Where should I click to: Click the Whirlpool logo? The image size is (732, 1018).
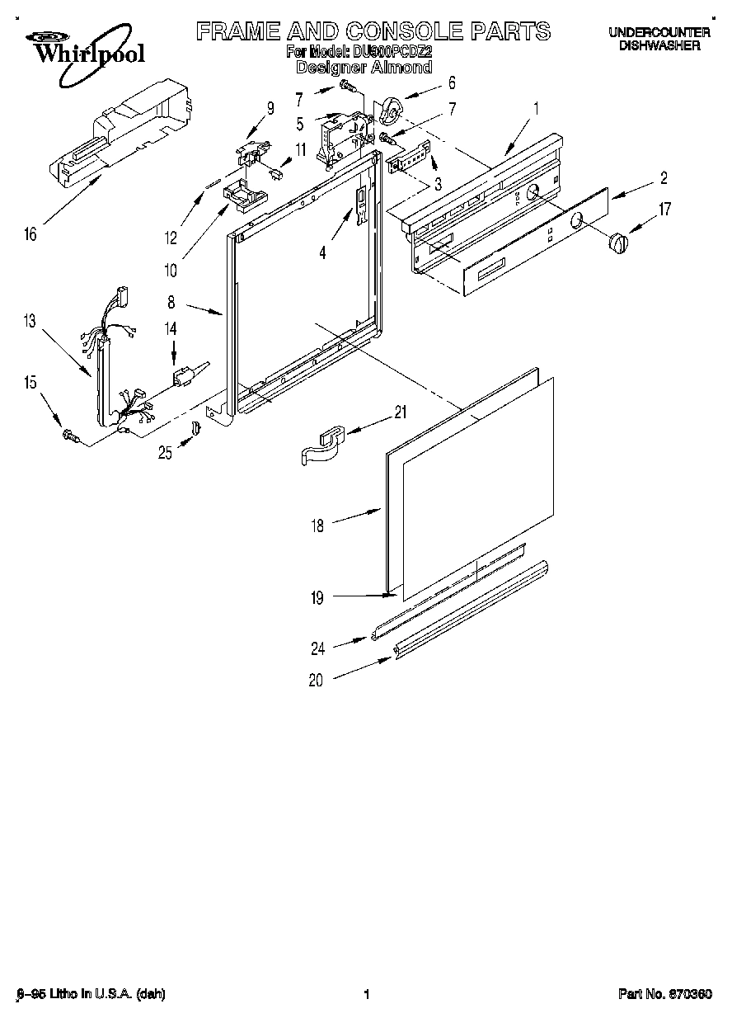pyautogui.click(x=80, y=49)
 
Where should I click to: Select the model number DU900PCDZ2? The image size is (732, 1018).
pyautogui.click(x=397, y=52)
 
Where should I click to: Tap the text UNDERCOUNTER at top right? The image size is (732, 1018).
pyautogui.click(x=659, y=33)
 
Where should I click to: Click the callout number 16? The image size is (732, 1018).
pyautogui.click(x=30, y=234)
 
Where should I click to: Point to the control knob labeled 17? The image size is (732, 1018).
pyautogui.click(x=617, y=243)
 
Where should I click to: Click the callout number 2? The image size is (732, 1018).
pyautogui.click(x=664, y=178)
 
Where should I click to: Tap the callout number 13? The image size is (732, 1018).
pyautogui.click(x=30, y=321)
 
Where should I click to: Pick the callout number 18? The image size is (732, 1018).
pyautogui.click(x=318, y=525)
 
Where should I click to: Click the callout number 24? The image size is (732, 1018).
pyautogui.click(x=318, y=648)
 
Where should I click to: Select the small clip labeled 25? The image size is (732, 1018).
pyautogui.click(x=195, y=428)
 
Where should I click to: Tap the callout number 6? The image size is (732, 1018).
pyautogui.click(x=451, y=82)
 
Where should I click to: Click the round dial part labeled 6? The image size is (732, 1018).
pyautogui.click(x=392, y=107)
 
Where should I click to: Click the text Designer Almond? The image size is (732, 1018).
pyautogui.click(x=364, y=68)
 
